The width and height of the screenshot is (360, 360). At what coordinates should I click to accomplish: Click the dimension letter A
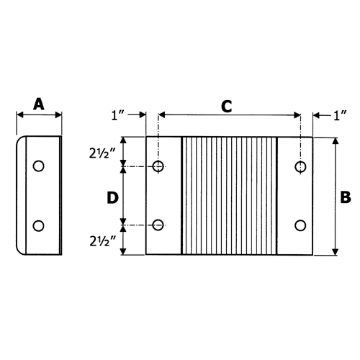coord(39,105)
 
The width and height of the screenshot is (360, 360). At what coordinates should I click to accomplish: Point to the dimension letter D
coord(112,197)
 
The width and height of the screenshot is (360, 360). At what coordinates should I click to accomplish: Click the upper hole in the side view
coord(39,166)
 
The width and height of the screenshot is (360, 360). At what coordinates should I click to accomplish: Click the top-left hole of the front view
coord(158,167)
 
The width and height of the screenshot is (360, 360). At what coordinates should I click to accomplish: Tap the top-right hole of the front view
coord(300,167)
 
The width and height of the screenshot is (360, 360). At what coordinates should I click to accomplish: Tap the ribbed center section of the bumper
coord(229,196)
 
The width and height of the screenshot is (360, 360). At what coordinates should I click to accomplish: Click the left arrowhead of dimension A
coord(19,114)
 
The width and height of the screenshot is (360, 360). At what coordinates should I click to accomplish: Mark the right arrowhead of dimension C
coord(297,114)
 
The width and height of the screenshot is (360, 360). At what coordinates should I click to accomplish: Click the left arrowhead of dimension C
coord(162,114)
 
